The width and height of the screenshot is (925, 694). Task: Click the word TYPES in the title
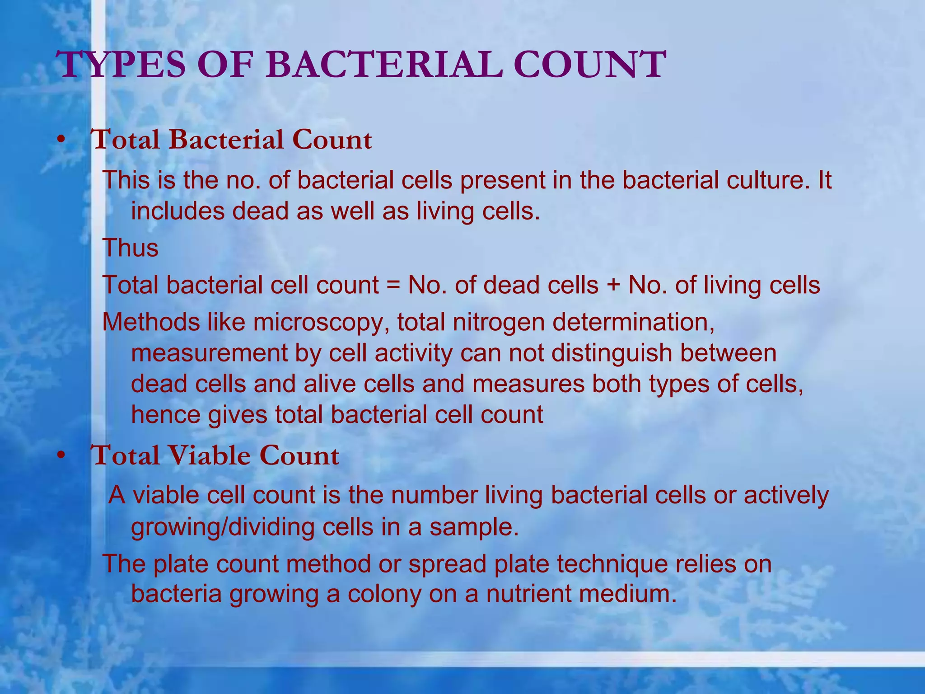pos(122,65)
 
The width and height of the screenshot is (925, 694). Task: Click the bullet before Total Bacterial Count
pos(61,141)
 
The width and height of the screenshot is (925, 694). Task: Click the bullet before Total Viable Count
pos(61,456)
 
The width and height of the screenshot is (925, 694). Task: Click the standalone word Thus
pos(131,248)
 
